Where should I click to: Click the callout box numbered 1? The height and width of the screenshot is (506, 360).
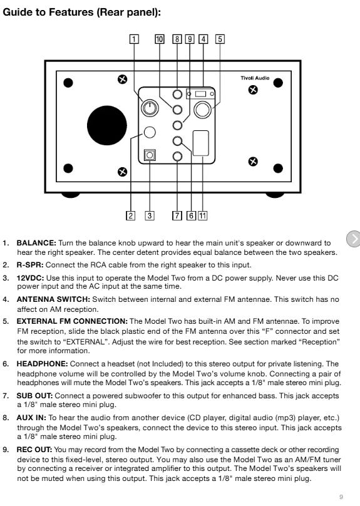[x=134, y=39]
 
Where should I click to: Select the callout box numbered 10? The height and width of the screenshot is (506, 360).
[x=160, y=39]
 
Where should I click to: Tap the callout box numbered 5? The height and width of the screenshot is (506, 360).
[x=220, y=39]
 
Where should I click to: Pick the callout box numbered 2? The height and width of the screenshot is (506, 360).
[x=130, y=215]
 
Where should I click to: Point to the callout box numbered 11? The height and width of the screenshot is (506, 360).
[x=202, y=215]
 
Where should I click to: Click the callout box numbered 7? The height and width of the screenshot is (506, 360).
[x=177, y=215]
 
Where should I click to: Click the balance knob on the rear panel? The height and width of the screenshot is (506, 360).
[x=150, y=108]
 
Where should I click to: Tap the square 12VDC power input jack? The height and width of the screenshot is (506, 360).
[x=150, y=155]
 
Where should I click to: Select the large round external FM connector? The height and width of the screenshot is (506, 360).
[x=203, y=110]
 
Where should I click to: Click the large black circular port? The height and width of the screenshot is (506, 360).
[x=107, y=125]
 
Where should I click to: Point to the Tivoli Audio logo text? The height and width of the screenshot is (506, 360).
[x=255, y=78]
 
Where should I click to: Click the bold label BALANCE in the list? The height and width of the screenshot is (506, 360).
[x=36, y=243]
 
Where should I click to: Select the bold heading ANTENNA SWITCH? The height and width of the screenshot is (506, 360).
[x=54, y=299]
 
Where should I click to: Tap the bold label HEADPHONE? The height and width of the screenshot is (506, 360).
[x=42, y=364]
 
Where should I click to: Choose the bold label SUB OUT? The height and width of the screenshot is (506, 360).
[x=35, y=396]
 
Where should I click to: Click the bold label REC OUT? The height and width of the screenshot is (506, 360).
[x=34, y=450]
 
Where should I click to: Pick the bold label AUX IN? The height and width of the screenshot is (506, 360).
[x=31, y=418]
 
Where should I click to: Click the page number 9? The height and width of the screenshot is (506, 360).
[x=341, y=497]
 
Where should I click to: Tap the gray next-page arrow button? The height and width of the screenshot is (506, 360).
[x=354, y=239]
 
